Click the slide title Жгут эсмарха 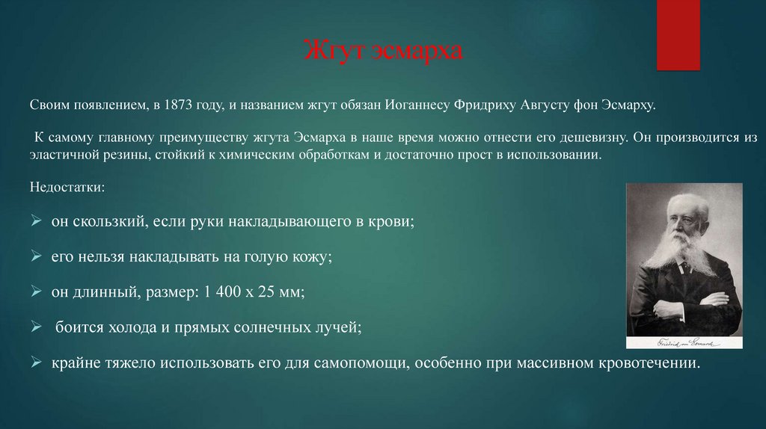coord(383,52)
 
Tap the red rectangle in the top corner coord(678,35)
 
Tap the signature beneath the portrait coord(684,342)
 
